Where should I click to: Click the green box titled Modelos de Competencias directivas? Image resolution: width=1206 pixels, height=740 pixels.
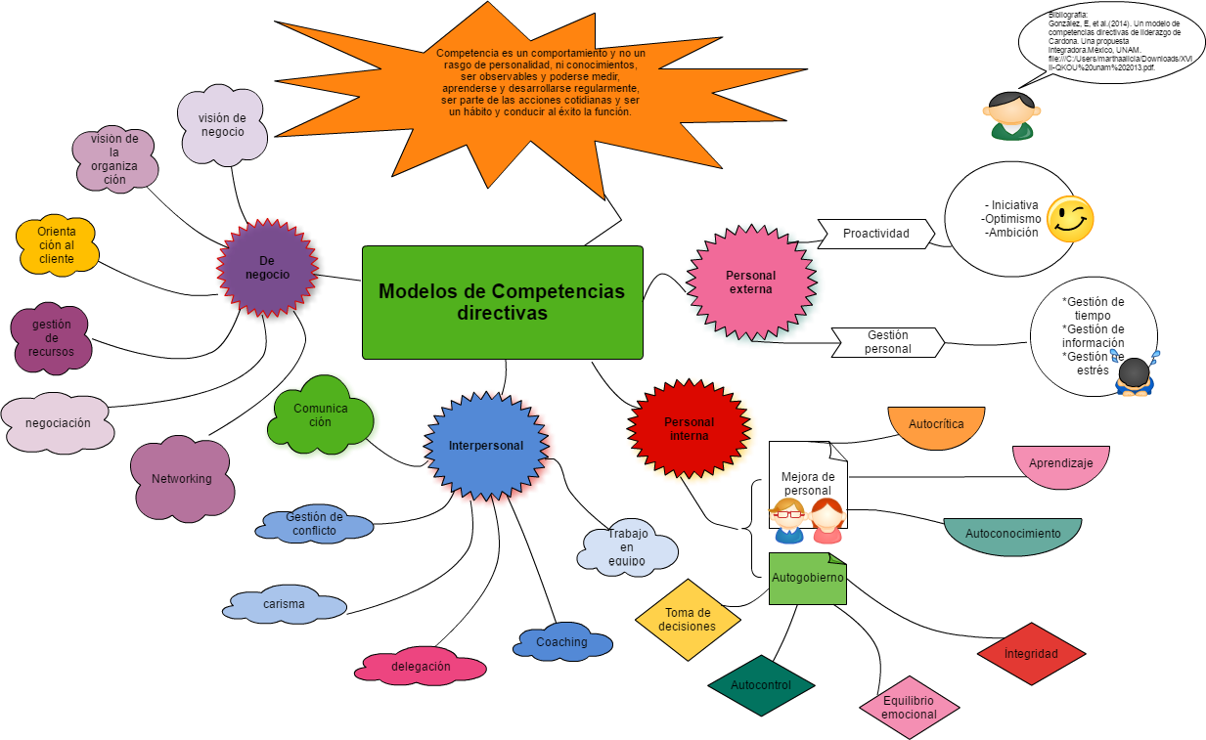tap(502, 302)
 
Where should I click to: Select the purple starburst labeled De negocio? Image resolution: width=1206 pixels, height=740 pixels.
tap(267, 268)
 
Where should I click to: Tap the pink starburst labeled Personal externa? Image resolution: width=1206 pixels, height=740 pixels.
tap(751, 283)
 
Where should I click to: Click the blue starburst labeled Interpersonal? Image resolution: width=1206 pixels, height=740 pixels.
tap(486, 446)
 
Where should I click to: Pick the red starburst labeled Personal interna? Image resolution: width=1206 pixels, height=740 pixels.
tap(690, 429)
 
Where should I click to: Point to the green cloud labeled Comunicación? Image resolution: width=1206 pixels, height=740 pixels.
tap(321, 416)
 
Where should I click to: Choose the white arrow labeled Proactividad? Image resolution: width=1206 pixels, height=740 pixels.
tap(874, 234)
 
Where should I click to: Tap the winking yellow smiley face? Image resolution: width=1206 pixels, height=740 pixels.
tap(1069, 219)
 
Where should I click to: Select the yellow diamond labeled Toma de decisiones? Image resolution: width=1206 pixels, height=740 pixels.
tap(688, 620)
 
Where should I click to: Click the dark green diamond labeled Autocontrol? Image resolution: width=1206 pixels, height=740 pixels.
tap(761, 685)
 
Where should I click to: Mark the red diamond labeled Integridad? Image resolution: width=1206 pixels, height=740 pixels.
tap(1031, 654)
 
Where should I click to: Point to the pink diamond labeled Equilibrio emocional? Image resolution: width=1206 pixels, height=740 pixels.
tap(909, 708)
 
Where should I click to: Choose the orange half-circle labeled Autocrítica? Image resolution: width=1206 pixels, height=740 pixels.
tap(936, 426)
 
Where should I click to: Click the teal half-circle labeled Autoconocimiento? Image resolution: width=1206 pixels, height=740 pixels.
tap(1012, 535)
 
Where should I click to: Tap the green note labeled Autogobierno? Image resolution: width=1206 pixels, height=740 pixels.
tap(807, 580)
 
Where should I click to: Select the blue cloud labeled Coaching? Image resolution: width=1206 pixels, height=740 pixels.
tap(562, 642)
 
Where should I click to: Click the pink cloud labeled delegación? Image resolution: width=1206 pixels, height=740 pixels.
tap(421, 667)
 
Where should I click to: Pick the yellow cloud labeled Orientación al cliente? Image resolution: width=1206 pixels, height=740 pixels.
tap(58, 245)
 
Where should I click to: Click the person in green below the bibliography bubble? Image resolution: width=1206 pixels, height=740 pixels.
tap(1008, 116)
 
